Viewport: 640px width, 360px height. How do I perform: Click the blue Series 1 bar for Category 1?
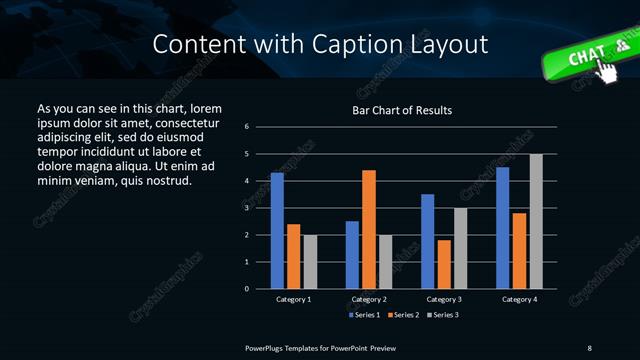tap(277, 231)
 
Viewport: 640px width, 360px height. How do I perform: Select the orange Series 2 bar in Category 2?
tap(369, 229)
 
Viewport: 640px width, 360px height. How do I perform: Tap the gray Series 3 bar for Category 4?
tap(536, 221)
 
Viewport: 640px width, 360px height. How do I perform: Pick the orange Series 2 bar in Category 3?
tap(444, 264)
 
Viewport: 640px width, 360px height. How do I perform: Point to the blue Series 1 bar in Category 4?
tap(503, 228)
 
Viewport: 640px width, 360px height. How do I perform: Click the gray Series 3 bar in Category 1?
tap(310, 262)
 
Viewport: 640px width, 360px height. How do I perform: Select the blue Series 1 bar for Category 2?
tap(352, 255)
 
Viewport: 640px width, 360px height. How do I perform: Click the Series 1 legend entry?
tap(364, 315)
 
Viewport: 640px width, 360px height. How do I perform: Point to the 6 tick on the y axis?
tap(260, 127)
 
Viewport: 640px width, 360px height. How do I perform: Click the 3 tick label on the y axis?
tap(260, 208)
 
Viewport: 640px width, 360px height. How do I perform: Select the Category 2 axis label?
tap(369, 299)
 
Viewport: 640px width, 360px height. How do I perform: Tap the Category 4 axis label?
tap(519, 299)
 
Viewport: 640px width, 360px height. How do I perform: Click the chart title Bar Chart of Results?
tap(403, 109)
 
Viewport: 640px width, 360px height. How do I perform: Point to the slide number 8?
tap(589, 347)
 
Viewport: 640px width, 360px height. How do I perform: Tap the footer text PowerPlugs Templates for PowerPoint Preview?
tap(320, 347)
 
